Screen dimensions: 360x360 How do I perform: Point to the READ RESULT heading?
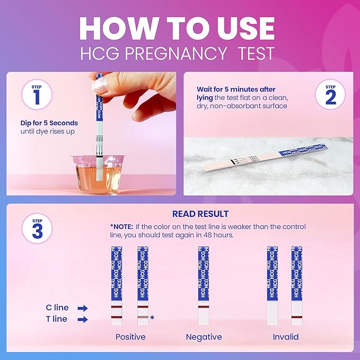point(200,214)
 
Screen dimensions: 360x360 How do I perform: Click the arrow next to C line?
point(82,308)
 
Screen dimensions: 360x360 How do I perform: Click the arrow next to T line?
point(82,319)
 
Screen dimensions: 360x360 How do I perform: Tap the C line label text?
point(56,308)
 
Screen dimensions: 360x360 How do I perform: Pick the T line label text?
point(56,319)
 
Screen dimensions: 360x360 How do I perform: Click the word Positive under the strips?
point(130,337)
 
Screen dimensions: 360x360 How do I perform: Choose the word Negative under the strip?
point(204,337)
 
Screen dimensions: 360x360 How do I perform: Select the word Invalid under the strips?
point(285,337)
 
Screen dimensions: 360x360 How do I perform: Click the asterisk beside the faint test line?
point(152,318)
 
